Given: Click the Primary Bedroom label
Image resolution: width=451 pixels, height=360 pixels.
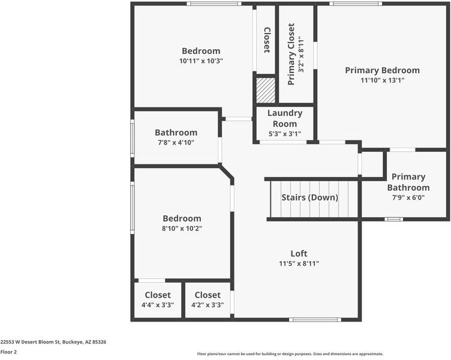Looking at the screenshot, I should [x=382, y=70].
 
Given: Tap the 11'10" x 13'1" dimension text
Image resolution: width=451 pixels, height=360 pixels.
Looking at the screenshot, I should [x=382, y=80].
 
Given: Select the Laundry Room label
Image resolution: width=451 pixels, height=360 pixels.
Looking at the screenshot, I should [x=285, y=118].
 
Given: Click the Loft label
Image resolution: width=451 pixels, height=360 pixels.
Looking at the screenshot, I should [x=299, y=254].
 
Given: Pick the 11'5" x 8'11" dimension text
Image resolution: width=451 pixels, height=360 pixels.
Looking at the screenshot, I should [x=299, y=263].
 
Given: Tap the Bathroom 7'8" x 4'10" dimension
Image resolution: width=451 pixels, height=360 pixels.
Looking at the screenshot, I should [x=176, y=142].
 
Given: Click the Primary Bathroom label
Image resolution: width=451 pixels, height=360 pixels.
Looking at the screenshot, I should [x=408, y=182].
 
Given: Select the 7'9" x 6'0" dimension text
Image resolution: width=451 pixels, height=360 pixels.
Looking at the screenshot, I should [x=408, y=197].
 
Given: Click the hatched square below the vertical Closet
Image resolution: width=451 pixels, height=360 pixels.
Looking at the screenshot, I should [x=266, y=91].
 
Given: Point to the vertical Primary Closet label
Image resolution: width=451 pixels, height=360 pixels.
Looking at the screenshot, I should [x=291, y=54].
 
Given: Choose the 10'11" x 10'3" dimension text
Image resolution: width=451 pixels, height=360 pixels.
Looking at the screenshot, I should [x=201, y=61].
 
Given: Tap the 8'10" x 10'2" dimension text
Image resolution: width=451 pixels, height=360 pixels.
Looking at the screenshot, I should [x=182, y=228].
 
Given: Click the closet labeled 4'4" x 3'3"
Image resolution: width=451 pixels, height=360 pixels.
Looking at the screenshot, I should [x=158, y=299].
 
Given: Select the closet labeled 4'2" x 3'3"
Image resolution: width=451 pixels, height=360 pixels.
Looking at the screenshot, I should [x=208, y=299].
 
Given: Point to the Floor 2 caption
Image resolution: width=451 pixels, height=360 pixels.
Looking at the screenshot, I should [x=8, y=352].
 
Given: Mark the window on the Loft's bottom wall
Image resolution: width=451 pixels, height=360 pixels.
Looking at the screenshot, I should [x=315, y=319].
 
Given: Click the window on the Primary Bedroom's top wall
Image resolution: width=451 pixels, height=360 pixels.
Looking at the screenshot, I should [x=355, y=4].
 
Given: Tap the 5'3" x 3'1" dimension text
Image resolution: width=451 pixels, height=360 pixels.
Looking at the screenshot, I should [x=285, y=134].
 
